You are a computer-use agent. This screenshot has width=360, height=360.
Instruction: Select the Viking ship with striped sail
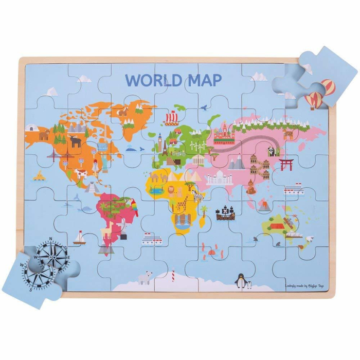[x=172, y=118]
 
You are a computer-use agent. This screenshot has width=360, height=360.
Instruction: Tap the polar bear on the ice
[x=144, y=278]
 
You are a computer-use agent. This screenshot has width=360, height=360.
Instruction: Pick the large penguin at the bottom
[x=239, y=281]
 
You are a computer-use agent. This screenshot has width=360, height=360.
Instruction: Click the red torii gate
[x=286, y=164]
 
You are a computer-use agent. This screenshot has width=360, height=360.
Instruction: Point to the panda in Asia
[x=272, y=151]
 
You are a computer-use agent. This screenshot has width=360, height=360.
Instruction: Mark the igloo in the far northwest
[x=30, y=128]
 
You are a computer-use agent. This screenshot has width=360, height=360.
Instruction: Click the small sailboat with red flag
[x=79, y=237]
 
